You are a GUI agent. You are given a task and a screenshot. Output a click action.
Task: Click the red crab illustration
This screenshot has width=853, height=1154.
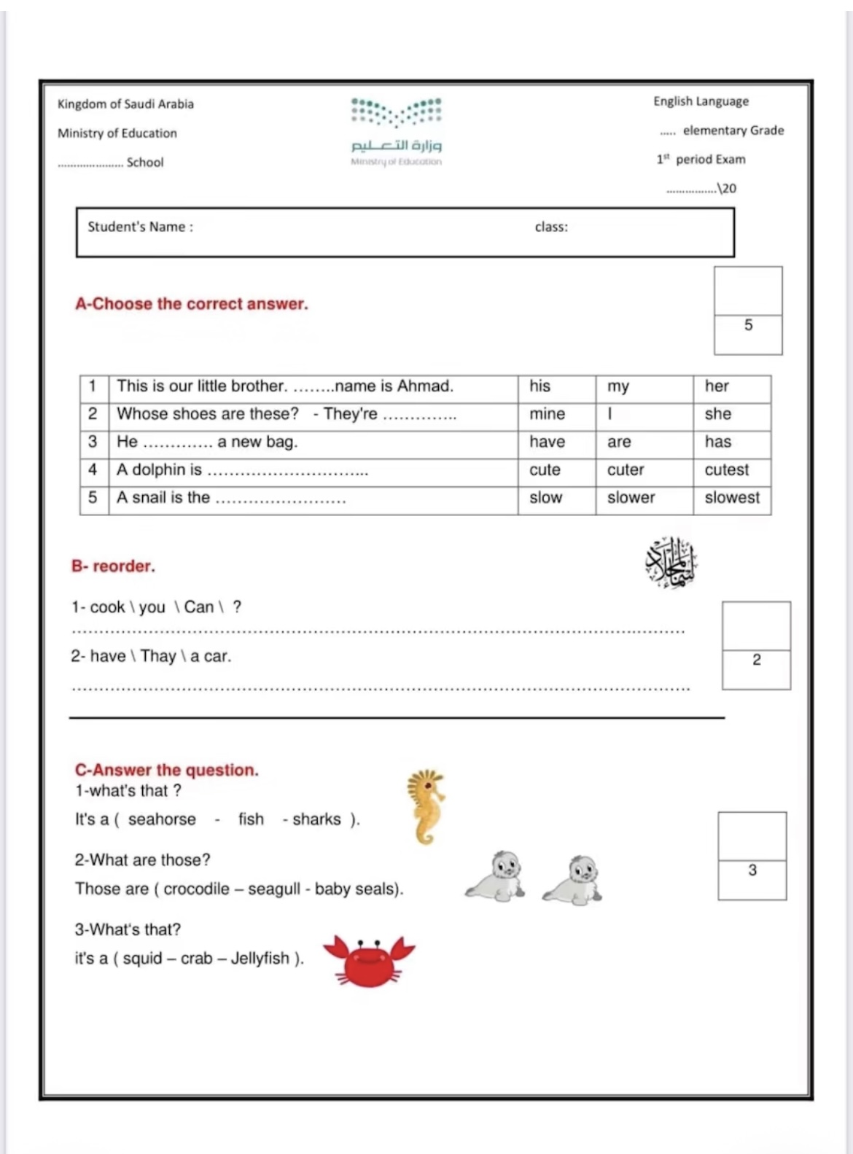[x=369, y=960]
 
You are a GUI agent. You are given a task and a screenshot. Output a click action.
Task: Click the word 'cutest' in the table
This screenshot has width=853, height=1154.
[x=726, y=470]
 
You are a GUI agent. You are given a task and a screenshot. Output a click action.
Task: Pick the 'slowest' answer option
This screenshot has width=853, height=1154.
[x=731, y=498]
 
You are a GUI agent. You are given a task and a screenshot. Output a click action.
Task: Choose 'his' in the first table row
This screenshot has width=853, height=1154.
[x=540, y=386]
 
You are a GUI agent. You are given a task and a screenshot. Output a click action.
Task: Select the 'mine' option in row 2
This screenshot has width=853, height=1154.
[x=547, y=414]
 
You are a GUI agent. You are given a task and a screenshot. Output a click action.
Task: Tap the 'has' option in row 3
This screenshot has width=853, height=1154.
[x=717, y=442]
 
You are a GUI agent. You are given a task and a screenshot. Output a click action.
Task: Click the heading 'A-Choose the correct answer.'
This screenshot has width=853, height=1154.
[x=192, y=304]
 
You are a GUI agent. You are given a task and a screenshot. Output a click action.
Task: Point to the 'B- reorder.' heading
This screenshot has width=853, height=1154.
[x=113, y=566]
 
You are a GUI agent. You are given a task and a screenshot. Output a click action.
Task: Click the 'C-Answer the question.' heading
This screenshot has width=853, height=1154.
[x=167, y=770]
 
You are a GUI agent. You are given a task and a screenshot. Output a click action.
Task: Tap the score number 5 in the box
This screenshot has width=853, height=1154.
[x=748, y=325]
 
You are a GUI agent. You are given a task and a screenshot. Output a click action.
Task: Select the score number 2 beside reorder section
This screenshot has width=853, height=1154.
[x=756, y=660]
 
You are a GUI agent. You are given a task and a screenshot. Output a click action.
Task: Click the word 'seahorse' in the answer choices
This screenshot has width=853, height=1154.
[x=162, y=819]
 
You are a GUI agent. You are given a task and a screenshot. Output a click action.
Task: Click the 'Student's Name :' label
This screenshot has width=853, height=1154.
[x=141, y=227]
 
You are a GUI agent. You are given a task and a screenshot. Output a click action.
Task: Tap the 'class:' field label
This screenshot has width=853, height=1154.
[x=551, y=227]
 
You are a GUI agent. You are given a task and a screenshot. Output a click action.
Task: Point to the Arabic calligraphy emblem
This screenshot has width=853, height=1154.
[x=671, y=563]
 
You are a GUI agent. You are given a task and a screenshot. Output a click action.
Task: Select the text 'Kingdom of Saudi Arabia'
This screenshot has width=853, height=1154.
[x=125, y=104]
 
